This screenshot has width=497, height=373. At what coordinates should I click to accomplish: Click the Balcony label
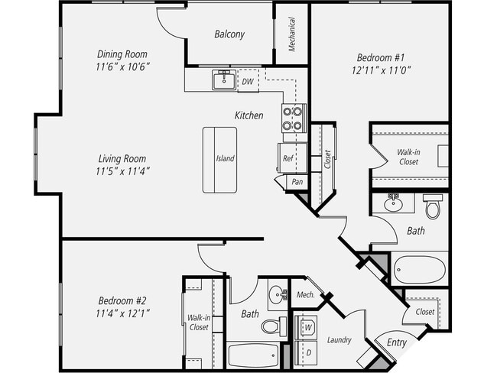pyautogui.click(x=229, y=34)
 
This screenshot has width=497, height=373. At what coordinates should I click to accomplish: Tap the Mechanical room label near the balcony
pyautogui.click(x=292, y=35)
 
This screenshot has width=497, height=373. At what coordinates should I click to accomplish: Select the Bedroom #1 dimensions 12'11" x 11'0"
pyautogui.click(x=385, y=70)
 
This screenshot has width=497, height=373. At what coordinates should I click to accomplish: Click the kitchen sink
pyautogui.click(x=224, y=79)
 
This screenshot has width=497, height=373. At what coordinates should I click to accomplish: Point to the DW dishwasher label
pyautogui.click(x=248, y=80)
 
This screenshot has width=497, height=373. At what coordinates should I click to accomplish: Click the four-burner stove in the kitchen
pyautogui.click(x=293, y=118)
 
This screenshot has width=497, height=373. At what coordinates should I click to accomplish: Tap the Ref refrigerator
pyautogui.click(x=289, y=158)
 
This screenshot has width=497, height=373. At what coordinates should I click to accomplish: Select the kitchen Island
pyautogui.click(x=219, y=159)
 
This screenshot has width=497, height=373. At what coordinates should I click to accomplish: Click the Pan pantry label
pyautogui.click(x=297, y=183)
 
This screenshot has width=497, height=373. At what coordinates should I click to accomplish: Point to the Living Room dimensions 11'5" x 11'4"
pyautogui.click(x=122, y=171)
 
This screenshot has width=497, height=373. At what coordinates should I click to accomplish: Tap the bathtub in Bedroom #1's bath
pyautogui.click(x=419, y=269)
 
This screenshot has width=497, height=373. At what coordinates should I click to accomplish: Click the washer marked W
pyautogui.click(x=309, y=327)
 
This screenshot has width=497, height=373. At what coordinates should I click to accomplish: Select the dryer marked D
pyautogui.click(x=309, y=353)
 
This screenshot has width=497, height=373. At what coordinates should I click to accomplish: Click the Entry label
pyautogui.click(x=396, y=342)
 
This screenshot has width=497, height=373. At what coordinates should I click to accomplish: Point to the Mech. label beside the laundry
pyautogui.click(x=306, y=294)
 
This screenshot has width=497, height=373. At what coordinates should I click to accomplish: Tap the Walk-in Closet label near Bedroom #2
pyautogui.click(x=198, y=323)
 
